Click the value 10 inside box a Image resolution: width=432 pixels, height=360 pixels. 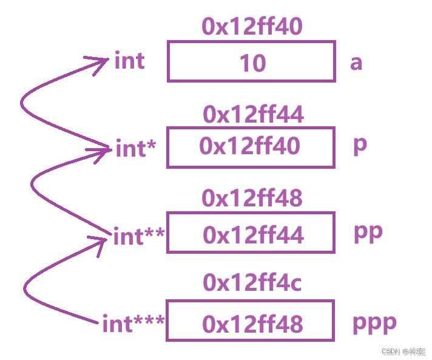tap(252, 63)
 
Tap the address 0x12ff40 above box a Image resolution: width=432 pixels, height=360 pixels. tap(252, 27)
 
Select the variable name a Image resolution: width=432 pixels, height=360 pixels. tap(356, 62)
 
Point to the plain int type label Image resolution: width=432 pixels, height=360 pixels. tap(129, 61)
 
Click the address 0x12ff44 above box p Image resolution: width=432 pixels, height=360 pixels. tap(253, 114)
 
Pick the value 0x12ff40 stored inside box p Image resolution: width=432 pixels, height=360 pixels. tap(249, 146)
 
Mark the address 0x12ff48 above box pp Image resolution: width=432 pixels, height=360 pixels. tap(252, 198)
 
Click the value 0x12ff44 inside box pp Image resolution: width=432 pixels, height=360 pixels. tap(253, 235)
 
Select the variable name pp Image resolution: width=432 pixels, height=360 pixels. tap(368, 233)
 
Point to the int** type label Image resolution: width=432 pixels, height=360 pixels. tap(139, 236)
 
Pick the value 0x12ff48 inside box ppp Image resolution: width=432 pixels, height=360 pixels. tap(252, 324)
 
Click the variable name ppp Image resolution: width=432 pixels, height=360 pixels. tap(374, 322)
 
